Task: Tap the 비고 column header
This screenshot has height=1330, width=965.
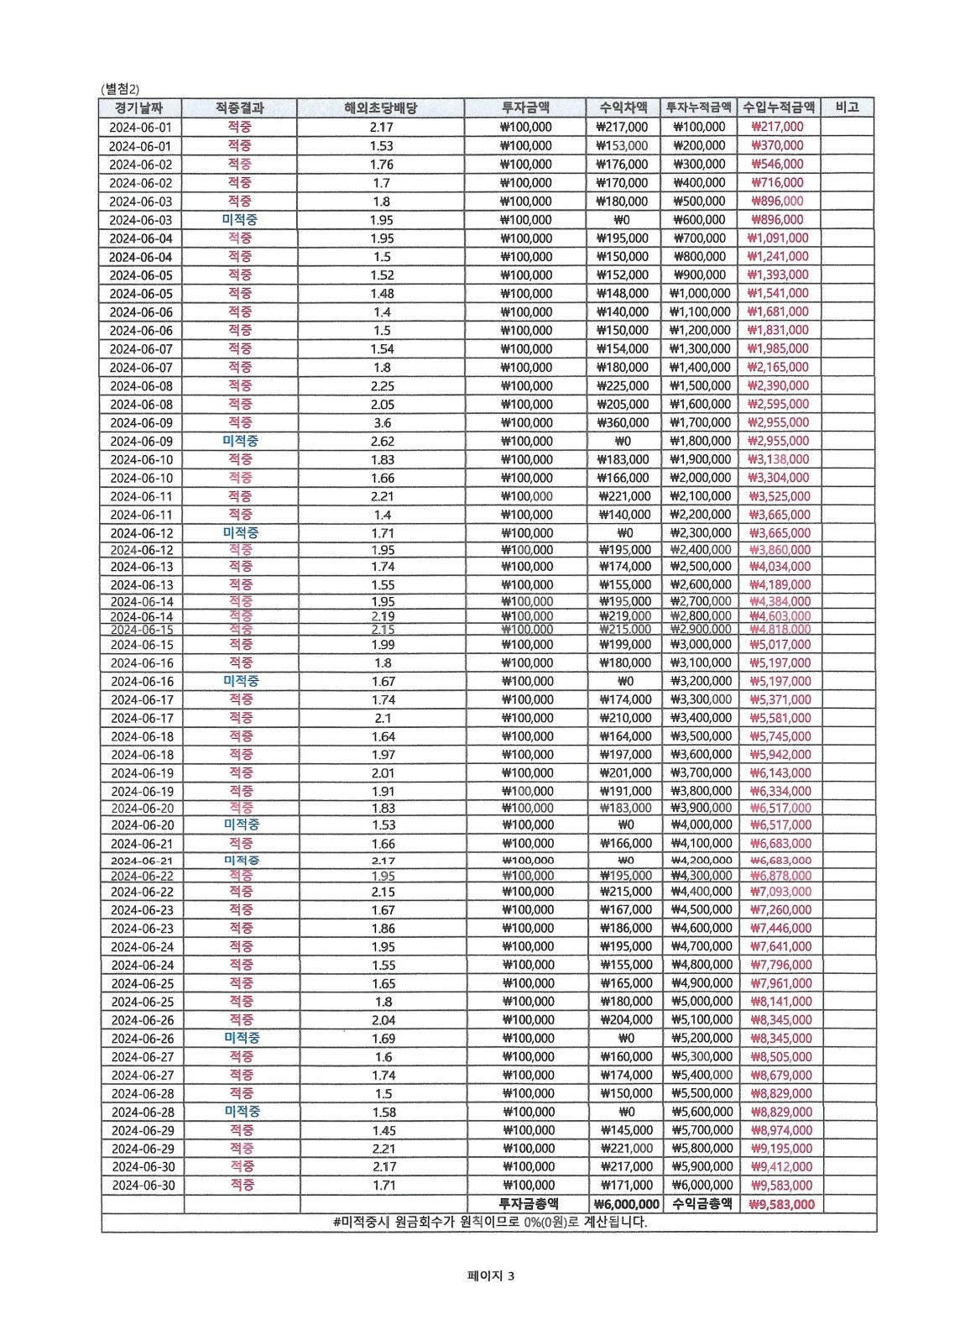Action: tap(847, 107)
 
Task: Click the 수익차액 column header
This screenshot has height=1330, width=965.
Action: tap(623, 107)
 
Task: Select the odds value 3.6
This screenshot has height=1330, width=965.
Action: tap(382, 423)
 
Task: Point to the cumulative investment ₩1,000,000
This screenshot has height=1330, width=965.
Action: tap(700, 294)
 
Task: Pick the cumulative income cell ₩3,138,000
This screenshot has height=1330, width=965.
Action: tap(779, 460)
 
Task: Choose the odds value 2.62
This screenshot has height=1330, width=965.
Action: tap(382, 442)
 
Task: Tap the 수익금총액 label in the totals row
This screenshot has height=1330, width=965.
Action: tap(702, 1204)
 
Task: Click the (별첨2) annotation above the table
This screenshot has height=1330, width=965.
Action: tap(120, 89)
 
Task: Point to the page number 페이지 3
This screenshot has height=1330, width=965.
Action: tap(491, 1276)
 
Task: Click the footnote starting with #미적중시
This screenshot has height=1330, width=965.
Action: tap(490, 1223)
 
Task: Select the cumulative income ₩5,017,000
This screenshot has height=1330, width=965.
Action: tap(780, 645)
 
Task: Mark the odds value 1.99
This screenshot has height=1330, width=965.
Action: tap(383, 645)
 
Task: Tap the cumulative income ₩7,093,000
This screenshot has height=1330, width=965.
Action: tap(780, 892)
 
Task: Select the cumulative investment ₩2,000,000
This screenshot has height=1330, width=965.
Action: tap(701, 479)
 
